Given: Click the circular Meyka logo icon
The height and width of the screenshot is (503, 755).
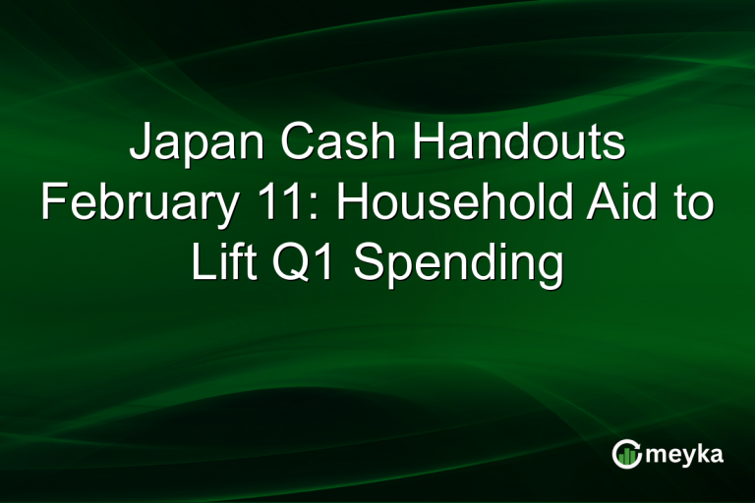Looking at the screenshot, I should [x=625, y=453].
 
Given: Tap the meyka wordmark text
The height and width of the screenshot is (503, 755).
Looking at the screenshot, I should [x=686, y=454].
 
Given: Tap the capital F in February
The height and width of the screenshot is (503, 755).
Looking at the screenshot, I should [x=52, y=206].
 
